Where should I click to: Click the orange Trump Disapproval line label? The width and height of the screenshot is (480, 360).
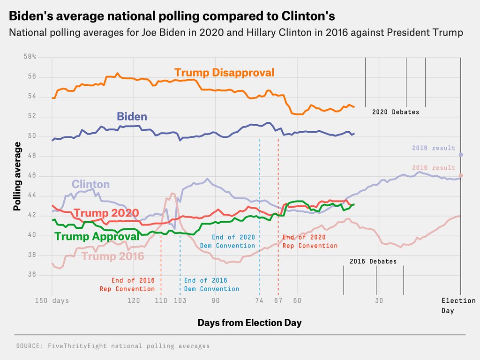224,73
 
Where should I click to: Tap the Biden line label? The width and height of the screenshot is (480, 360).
132,116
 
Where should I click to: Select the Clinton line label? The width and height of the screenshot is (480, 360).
90,184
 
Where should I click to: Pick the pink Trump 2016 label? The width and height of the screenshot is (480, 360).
112,256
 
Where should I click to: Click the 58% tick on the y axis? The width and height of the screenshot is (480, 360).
30,57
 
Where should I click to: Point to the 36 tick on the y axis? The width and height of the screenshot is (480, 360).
32,275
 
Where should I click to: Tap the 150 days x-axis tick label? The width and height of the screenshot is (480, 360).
52,300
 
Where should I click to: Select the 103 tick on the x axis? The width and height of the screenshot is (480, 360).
180,300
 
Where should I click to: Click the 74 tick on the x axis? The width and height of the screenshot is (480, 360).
259,300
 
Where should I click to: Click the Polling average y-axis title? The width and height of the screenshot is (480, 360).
17,176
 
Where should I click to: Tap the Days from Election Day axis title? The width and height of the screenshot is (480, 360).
249,322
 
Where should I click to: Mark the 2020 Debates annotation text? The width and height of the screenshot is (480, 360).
396,112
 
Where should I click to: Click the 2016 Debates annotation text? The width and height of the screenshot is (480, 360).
373,261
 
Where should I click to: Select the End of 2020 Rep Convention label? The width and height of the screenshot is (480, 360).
310,241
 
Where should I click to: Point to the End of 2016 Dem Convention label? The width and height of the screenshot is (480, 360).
211,285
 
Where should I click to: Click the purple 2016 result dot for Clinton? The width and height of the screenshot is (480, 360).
461,155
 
